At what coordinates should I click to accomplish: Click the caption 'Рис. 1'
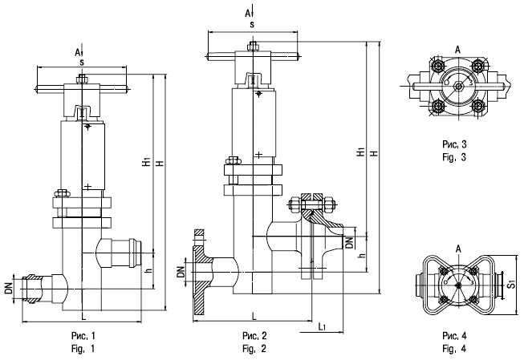[x=83, y=335]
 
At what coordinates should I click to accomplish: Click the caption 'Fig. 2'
[x=254, y=349]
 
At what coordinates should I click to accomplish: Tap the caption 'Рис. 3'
[x=454, y=144]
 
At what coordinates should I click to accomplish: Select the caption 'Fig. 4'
[x=454, y=349]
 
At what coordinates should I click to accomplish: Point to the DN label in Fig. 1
[x=8, y=288]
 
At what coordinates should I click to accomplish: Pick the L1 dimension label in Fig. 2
[x=322, y=326]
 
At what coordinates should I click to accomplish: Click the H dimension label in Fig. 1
[x=160, y=164]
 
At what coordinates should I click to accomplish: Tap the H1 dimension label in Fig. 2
[x=361, y=152]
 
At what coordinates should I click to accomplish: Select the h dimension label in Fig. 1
[x=149, y=270]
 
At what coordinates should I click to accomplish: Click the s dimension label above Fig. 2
[x=252, y=24]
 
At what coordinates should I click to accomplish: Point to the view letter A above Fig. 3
[x=458, y=50]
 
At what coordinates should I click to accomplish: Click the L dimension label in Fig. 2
[x=254, y=316]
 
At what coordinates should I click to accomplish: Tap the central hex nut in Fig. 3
[x=458, y=86]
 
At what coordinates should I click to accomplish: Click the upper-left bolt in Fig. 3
[x=437, y=66]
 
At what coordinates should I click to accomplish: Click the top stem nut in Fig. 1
[x=82, y=79]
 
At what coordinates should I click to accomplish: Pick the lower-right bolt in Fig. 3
[x=478, y=107]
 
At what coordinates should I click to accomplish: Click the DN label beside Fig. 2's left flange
[x=181, y=272]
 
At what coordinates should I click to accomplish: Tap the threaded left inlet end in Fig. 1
[x=30, y=289]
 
